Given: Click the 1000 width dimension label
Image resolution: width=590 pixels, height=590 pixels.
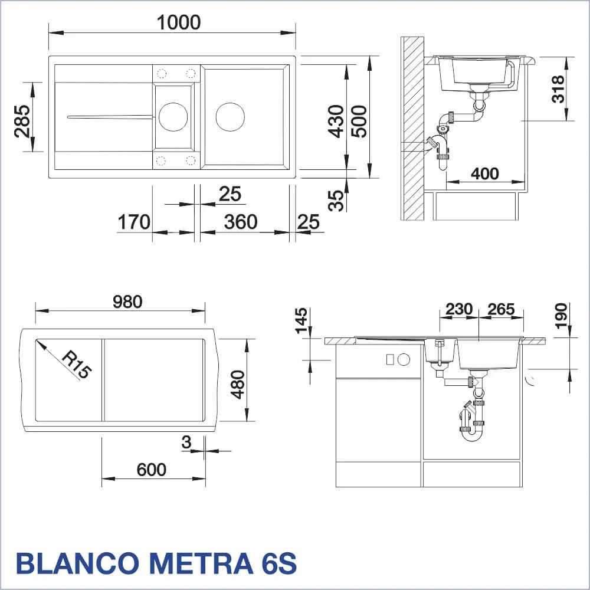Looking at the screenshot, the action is (179, 22).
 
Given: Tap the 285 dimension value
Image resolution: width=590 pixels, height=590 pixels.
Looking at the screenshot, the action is (22, 121).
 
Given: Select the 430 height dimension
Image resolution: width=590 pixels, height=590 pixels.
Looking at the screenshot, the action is (336, 121).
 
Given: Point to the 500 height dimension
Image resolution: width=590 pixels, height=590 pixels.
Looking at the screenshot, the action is (359, 121).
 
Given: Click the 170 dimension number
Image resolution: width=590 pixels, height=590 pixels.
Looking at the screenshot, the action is (134, 222).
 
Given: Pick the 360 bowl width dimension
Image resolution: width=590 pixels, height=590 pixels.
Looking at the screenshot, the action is (241, 222).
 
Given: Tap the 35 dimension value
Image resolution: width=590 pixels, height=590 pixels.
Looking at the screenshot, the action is (336, 200).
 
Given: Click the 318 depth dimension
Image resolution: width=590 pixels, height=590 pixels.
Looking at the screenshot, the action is (558, 89).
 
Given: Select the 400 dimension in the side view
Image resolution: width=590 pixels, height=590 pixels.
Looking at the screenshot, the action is (485, 174).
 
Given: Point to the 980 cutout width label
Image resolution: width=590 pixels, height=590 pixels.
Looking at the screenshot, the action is (127, 301).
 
